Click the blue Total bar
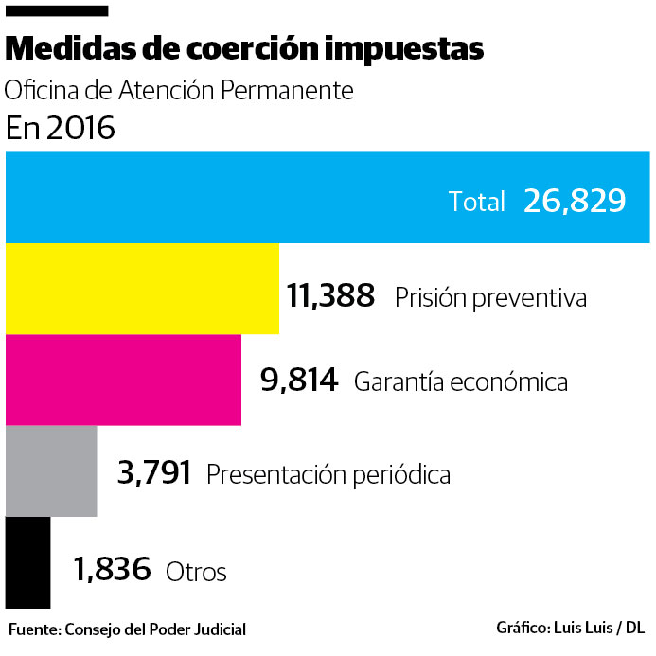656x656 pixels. [227, 197]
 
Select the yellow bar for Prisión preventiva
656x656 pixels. [142, 289]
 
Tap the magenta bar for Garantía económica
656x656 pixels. [123, 380]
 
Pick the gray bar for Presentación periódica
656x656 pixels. [51, 470]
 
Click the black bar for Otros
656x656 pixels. [27, 562]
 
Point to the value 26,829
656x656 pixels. [574, 201]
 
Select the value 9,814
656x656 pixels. [299, 381]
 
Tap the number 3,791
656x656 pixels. [154, 471]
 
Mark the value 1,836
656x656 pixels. [112, 570]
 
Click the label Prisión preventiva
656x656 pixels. [490, 297]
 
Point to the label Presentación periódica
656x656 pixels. [328, 473]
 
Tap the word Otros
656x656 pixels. [196, 572]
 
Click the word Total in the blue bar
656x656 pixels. [477, 202]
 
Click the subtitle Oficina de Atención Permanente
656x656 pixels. [179, 91]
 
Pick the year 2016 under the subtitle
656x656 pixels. [83, 128]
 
